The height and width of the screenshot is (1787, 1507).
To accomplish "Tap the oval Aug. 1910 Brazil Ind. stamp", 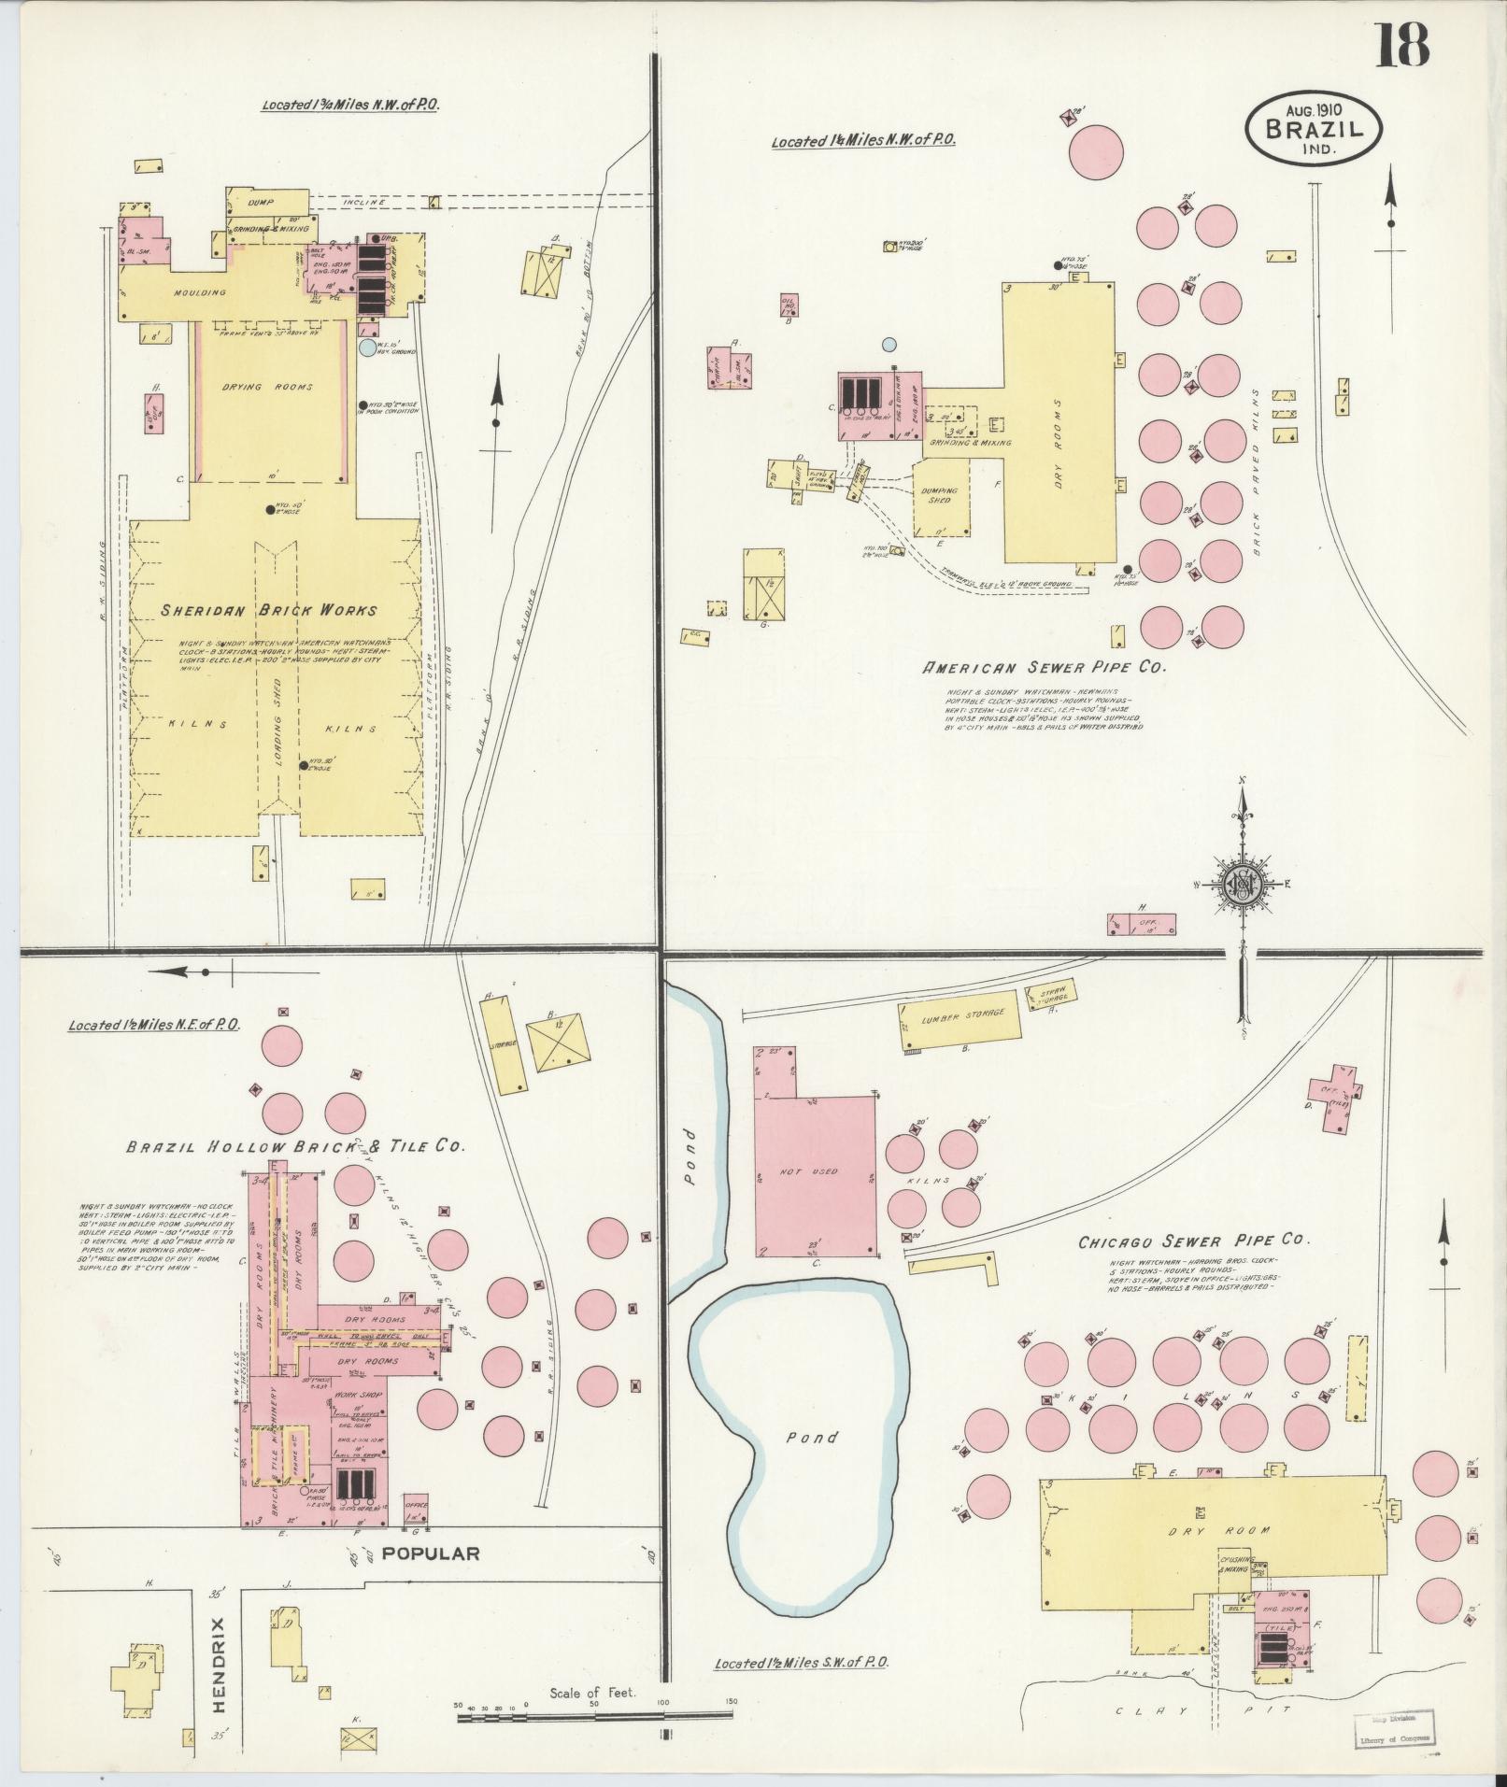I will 1312,128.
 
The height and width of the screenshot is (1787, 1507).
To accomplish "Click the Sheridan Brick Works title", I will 268,611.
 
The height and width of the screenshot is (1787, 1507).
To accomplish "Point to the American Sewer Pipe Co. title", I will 1045,668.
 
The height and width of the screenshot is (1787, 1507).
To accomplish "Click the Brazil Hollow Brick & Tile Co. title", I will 294,1146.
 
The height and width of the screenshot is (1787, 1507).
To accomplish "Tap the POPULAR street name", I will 430,1553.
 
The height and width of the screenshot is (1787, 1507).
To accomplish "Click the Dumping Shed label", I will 939,495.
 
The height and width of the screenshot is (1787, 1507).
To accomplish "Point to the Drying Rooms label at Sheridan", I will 267,387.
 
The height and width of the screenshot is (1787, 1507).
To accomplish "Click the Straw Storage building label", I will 1052,994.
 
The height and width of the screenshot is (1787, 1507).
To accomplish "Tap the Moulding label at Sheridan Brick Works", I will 200,292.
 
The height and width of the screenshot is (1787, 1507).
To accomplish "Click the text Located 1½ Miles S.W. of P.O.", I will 801,1663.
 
